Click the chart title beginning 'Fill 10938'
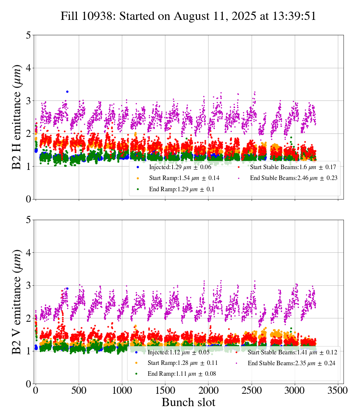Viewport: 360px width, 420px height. pos(188,16)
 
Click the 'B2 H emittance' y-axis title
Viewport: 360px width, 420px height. pos(17,117)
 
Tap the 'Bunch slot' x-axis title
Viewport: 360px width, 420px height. pos(188,403)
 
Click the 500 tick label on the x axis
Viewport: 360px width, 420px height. pos(79,390)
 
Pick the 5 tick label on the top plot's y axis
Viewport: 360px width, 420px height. pos(28,35)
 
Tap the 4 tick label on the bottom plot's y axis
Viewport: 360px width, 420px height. pos(28,253)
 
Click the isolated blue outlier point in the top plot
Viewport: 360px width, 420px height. pos(67,91)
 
